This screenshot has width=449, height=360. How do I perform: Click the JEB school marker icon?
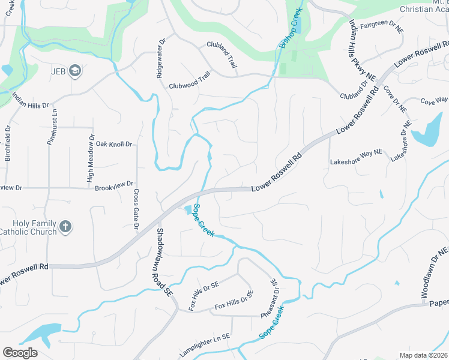coord(74,71)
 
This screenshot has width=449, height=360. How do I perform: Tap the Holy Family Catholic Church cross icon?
coord(65,227)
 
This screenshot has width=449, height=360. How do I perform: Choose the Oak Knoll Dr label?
coord(113,144)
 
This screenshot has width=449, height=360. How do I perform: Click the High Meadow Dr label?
coord(91,159)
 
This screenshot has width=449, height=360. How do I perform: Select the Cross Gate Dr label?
coord(136,209)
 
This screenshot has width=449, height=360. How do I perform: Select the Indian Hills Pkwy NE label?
coord(362,50)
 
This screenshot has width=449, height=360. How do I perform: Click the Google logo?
coord(20,352)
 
